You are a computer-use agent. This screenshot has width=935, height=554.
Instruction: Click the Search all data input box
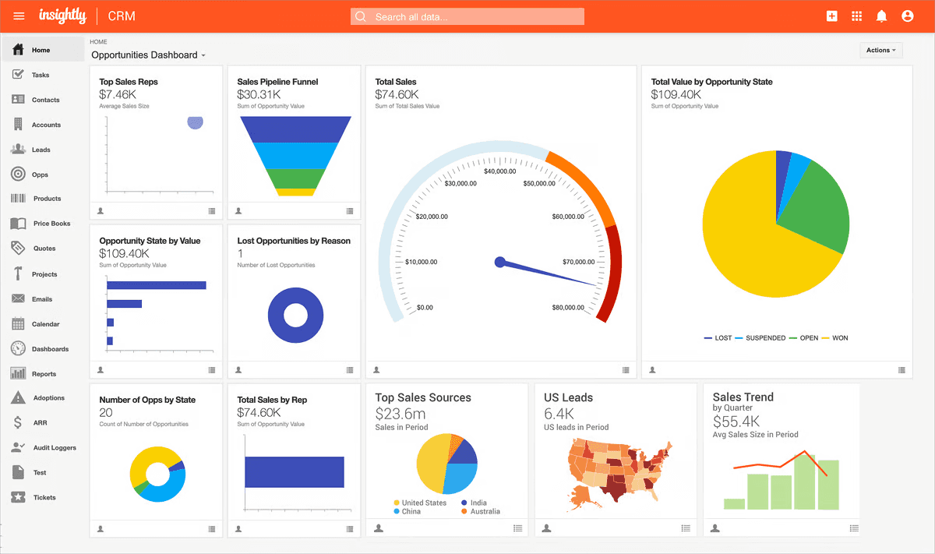pos(467,16)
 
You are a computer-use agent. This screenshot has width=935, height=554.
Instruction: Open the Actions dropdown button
pos(880,50)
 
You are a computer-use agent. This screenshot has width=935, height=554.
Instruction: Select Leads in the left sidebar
pos(41,150)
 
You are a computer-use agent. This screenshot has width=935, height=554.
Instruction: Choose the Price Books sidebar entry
pos(51,224)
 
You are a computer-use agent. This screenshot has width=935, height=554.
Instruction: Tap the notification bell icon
pos(881,16)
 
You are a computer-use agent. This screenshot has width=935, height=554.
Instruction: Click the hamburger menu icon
pos(19,16)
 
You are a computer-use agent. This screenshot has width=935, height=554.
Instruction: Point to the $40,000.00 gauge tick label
pos(499,171)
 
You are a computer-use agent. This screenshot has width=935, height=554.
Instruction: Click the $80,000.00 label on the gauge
pos(568,307)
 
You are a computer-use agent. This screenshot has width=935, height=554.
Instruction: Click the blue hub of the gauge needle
pos(500,262)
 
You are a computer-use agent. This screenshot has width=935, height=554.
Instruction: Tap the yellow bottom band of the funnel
pos(295,192)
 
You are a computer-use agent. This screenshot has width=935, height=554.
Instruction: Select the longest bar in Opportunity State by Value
pos(156,285)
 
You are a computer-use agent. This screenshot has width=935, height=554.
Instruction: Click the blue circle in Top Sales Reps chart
pos(195,122)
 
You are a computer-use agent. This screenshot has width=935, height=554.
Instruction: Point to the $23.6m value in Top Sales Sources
pos(400,414)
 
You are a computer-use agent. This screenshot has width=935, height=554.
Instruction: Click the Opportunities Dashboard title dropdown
pos(148,55)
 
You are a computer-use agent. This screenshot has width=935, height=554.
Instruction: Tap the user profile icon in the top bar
pos(907,16)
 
